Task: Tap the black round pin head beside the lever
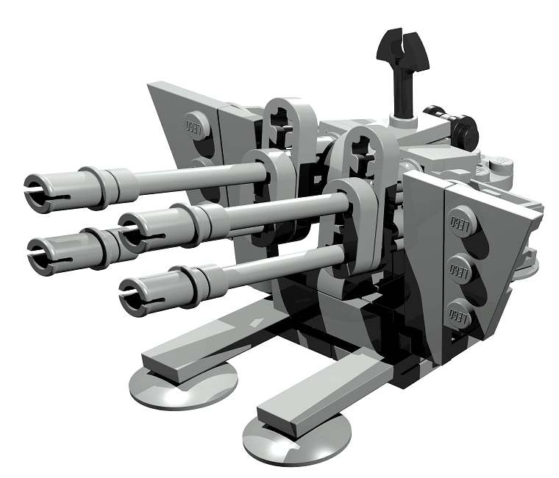(x=466, y=132)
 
